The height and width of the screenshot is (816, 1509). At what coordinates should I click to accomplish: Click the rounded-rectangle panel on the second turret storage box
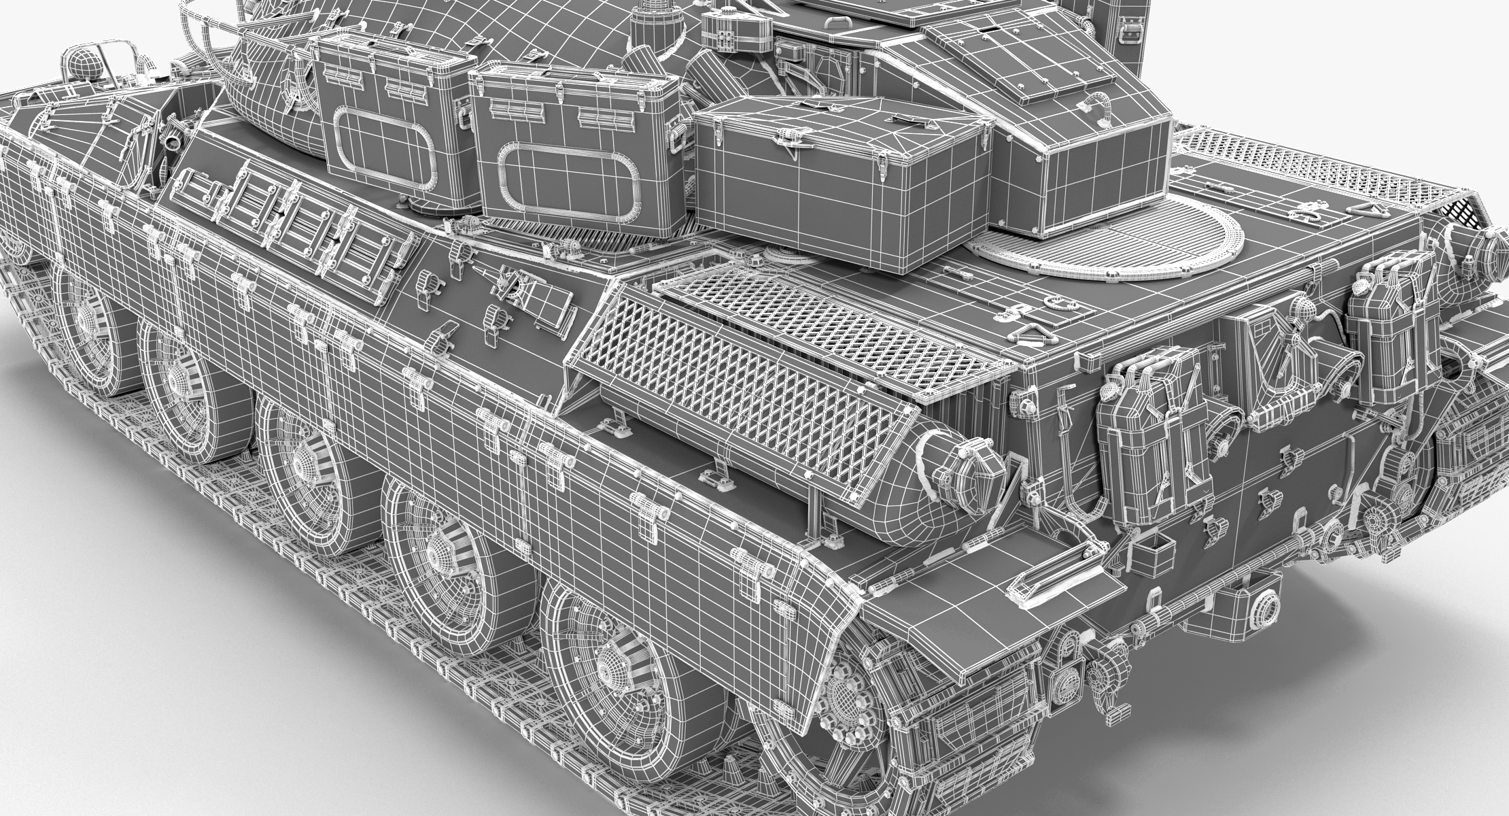(570, 178)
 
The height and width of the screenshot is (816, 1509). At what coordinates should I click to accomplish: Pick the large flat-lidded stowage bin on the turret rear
(839, 163)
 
